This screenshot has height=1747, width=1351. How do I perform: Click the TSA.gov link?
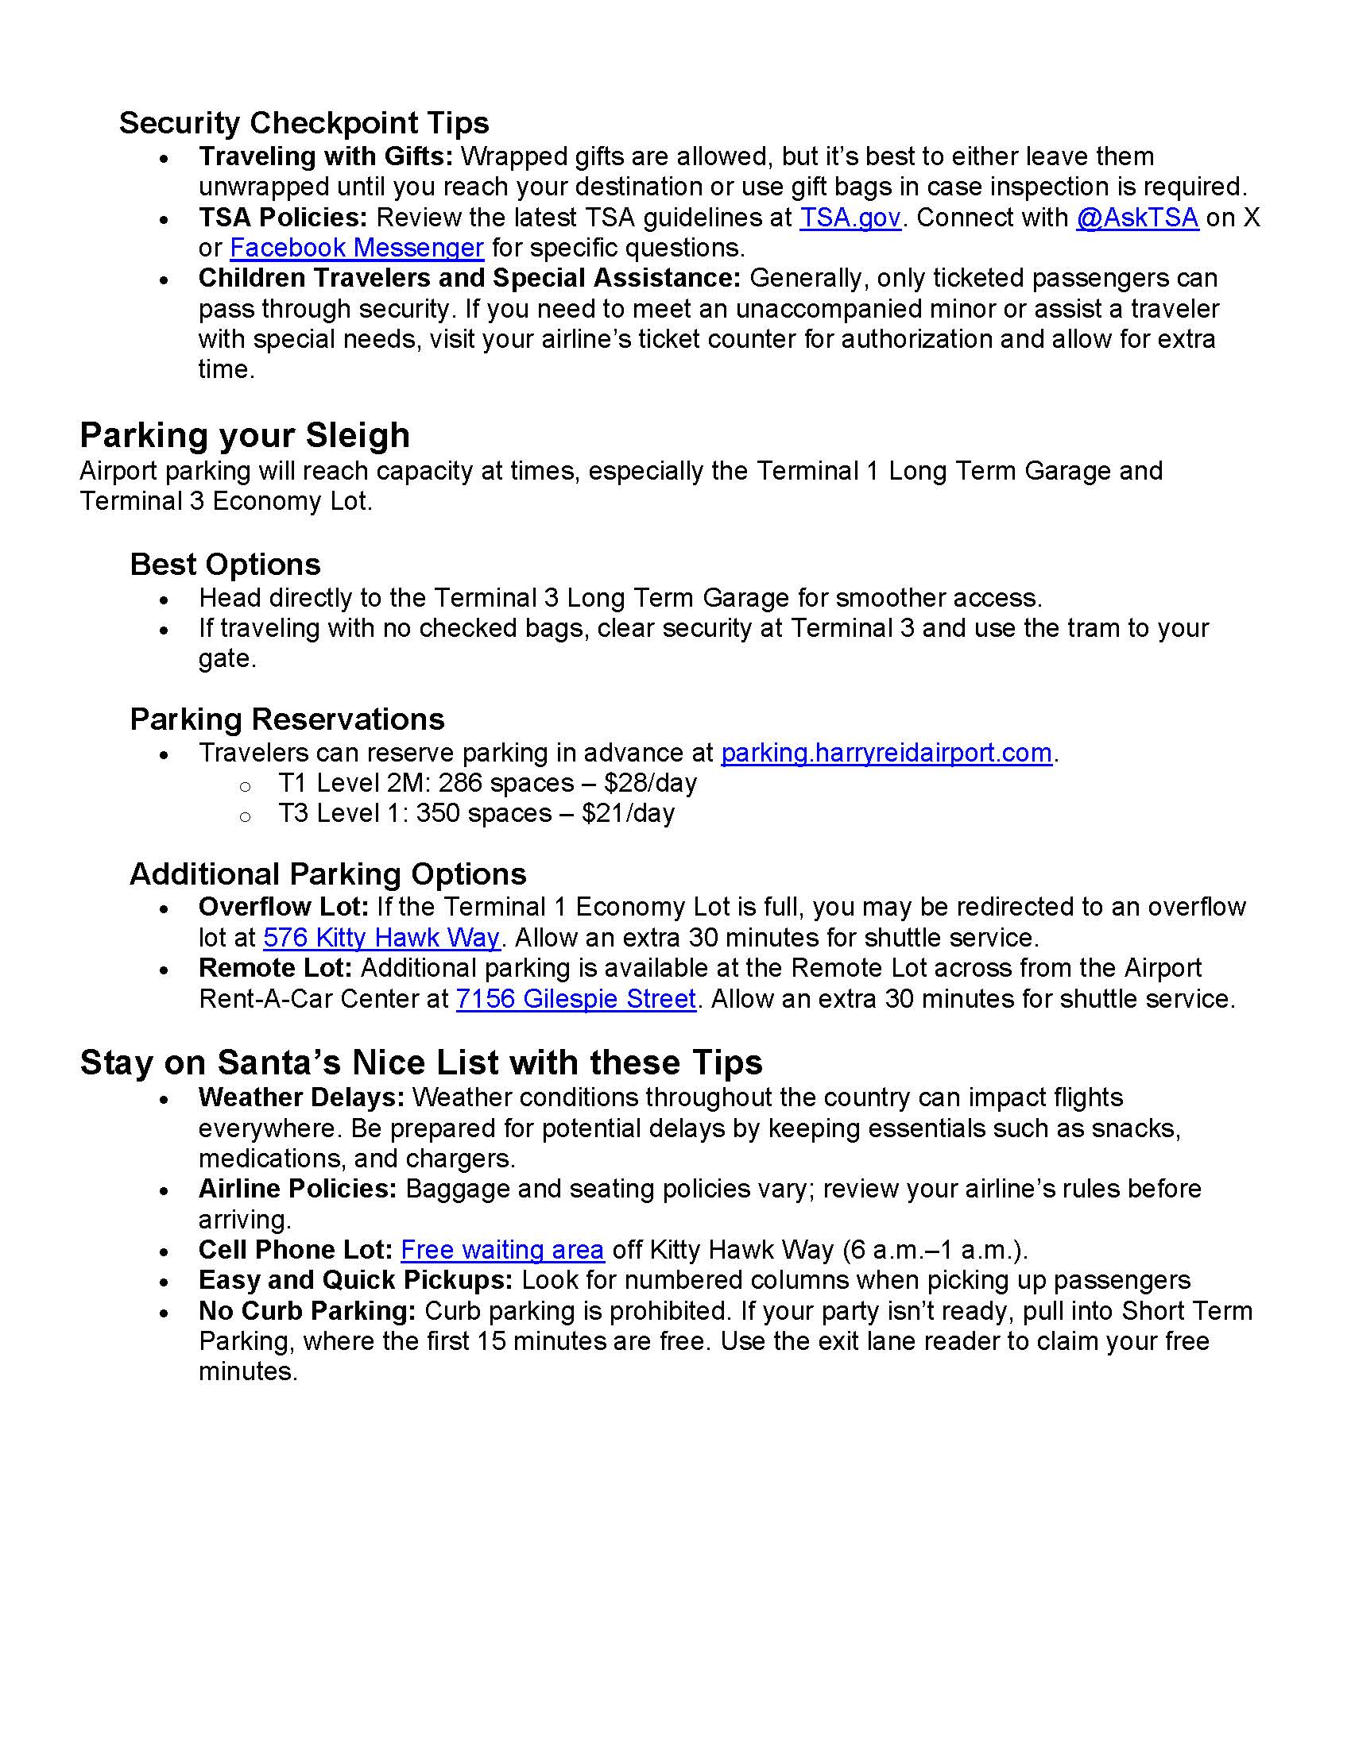pos(850,218)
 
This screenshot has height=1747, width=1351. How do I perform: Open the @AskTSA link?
pos(1136,218)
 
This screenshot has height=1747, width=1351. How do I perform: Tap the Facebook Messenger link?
pos(356,248)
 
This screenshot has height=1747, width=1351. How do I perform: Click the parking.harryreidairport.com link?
pos(886,753)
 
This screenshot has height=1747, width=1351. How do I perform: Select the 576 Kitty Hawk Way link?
pos(381,938)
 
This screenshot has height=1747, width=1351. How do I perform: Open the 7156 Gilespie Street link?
pos(575,999)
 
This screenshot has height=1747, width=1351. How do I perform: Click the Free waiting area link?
pos(501,1249)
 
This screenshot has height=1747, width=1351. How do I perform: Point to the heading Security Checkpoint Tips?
pos(304,123)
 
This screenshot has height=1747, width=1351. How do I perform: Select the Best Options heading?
pos(225,565)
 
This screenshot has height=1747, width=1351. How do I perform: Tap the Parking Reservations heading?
pos(287,719)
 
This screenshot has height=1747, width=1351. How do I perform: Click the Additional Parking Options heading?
pos(327,874)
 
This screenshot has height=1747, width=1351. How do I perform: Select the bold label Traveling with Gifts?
pos(326,156)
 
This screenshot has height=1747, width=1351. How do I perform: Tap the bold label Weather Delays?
pos(302,1097)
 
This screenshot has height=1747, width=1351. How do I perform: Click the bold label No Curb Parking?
pos(308,1311)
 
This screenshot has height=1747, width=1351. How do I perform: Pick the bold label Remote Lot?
pos(275,968)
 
